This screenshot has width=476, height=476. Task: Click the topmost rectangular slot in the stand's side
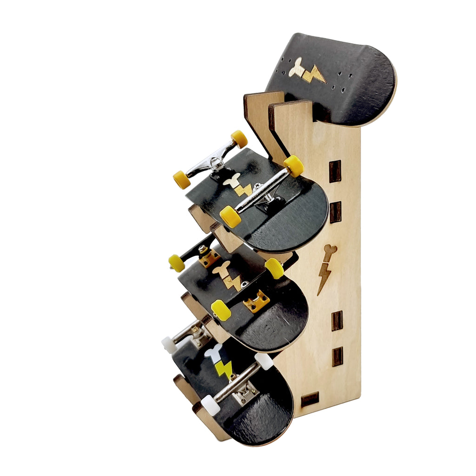pos(335,171)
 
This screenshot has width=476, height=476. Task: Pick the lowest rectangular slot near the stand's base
pos(310,400)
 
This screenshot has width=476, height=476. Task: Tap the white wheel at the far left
pos(169,345)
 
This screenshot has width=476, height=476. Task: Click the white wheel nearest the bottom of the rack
pos(210,405)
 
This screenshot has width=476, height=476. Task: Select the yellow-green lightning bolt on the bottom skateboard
pos(225,370)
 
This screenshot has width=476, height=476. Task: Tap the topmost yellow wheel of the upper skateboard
pos(239,139)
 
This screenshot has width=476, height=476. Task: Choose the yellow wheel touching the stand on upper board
pos(294,166)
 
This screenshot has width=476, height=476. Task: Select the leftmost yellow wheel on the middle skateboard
pos(177,263)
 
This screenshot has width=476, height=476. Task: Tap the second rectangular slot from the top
pos(335,212)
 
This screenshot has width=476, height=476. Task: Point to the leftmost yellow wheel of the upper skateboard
pos(182,179)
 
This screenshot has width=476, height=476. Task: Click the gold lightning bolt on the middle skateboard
pos(232,282)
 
